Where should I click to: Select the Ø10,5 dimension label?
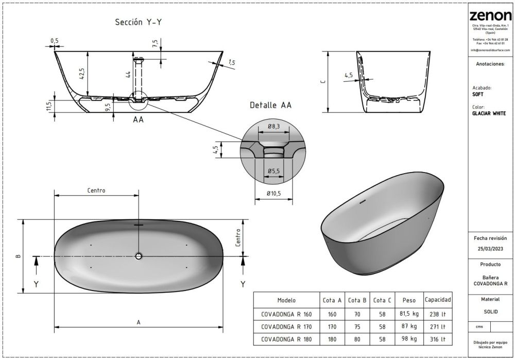click(273, 193)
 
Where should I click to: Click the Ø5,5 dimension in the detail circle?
click(273, 170)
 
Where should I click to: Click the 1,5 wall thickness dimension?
click(231, 62)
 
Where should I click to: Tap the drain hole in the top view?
click(139, 256)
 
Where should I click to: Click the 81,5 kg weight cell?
click(409, 313)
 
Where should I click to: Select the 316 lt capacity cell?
click(438, 339)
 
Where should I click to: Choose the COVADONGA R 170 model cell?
click(286, 327)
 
